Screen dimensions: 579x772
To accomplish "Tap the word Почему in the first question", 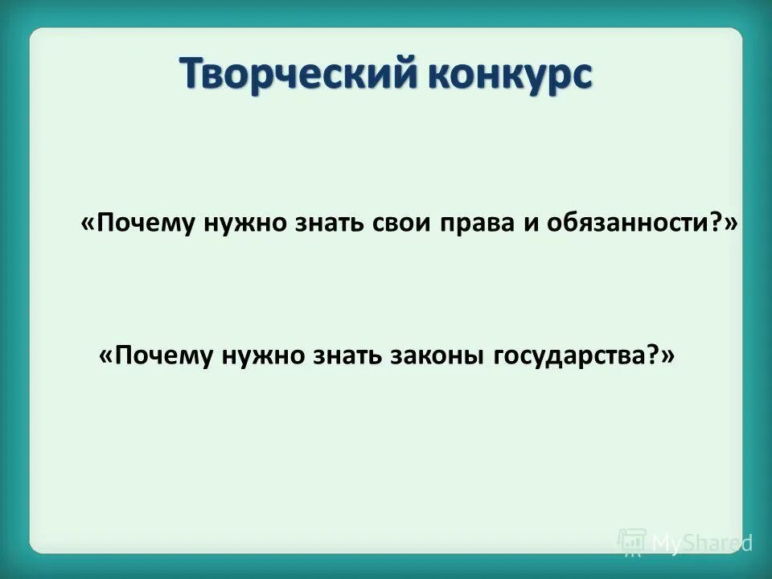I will click(x=146, y=224).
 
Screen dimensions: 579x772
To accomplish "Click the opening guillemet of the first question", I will click(x=88, y=226).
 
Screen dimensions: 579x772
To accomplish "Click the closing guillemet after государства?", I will click(x=667, y=355).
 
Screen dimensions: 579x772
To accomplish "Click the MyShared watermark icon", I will click(x=632, y=543).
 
